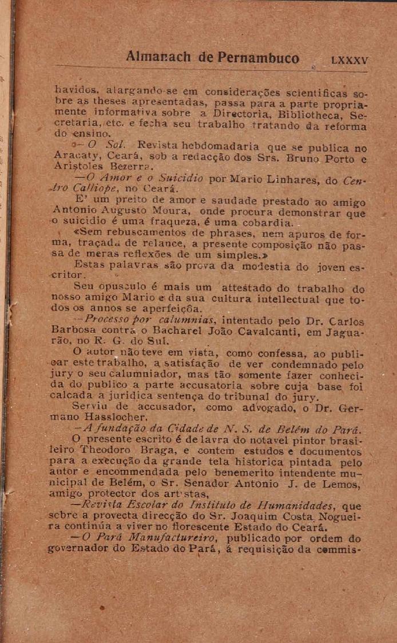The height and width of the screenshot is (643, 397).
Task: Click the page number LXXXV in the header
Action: pos(350,60)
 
